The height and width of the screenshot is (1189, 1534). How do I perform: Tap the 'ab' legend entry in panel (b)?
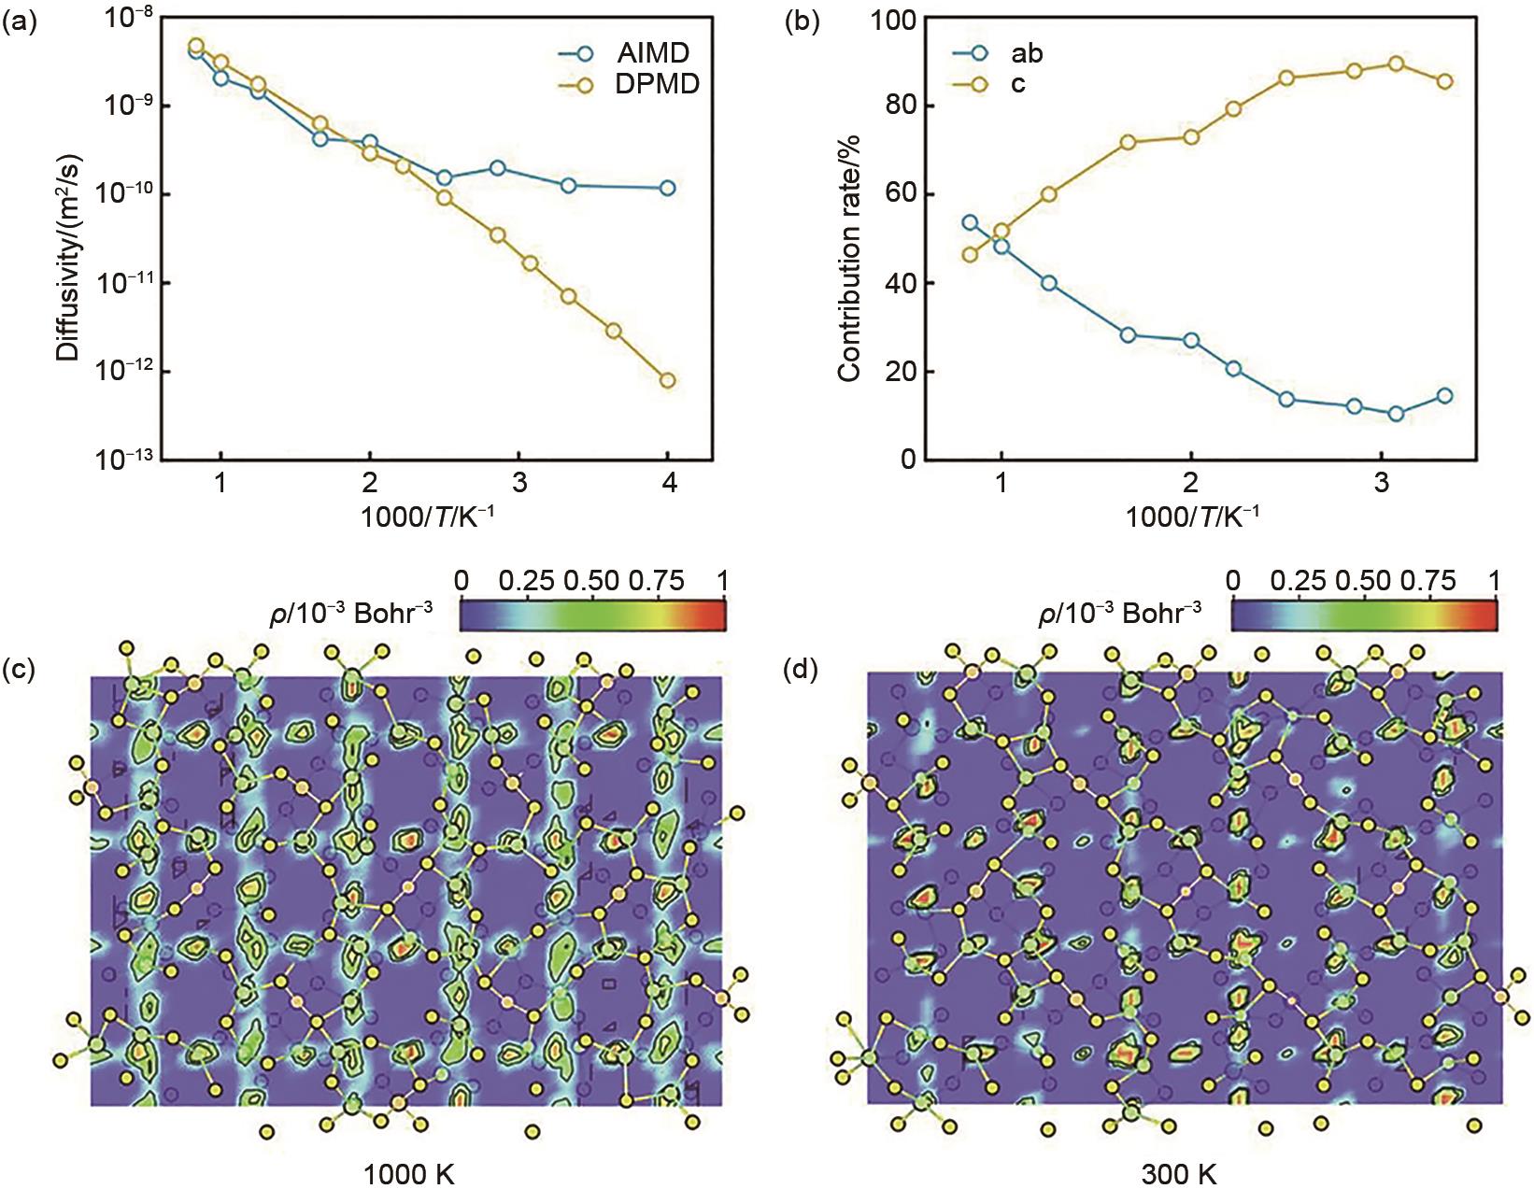point(1026,53)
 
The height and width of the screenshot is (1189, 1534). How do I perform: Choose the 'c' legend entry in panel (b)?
point(1017,84)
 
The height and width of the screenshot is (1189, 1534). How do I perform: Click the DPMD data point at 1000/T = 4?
point(668,380)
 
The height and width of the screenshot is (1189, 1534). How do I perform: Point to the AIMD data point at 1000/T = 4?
point(668,188)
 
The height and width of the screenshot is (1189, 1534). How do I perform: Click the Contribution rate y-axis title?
point(848,258)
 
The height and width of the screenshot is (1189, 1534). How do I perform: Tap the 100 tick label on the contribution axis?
point(892,20)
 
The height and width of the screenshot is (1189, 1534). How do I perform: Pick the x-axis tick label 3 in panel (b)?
point(1381,484)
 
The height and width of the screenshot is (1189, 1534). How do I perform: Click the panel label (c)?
point(20,669)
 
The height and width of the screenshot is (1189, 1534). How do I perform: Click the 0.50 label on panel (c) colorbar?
point(591,580)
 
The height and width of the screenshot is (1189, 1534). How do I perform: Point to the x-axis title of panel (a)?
point(427,516)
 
